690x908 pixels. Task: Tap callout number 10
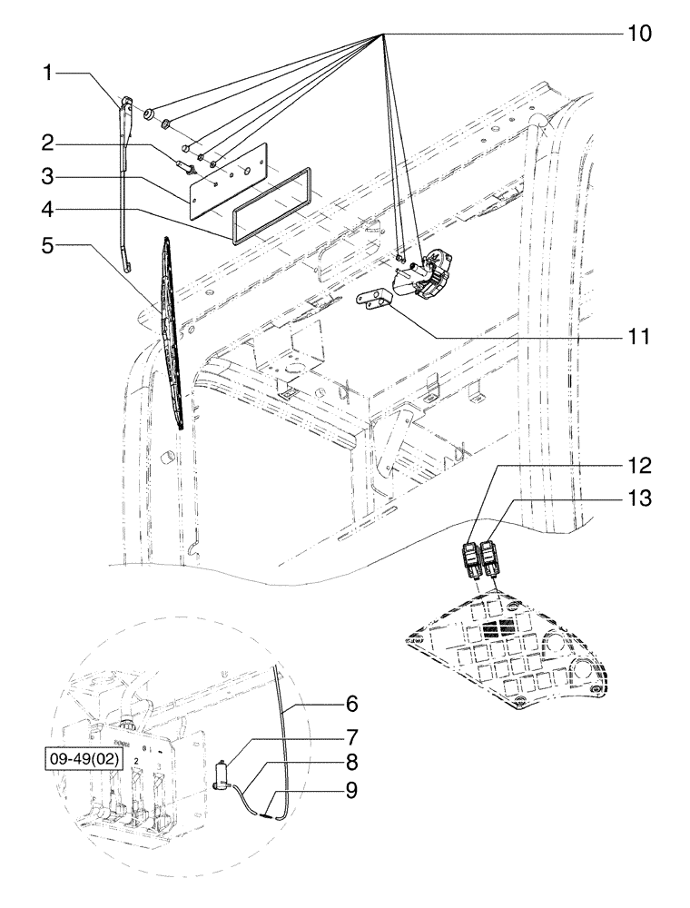tap(638, 34)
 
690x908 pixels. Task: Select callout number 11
tap(638, 337)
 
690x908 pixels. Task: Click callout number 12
tap(638, 467)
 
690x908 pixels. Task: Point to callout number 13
tap(638, 498)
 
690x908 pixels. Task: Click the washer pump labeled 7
tap(222, 773)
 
